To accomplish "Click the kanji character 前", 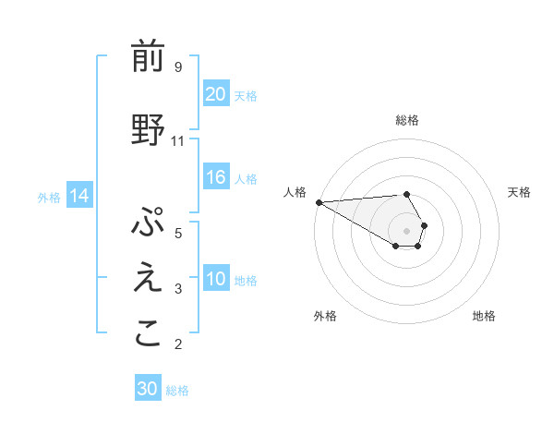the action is pos(148,56).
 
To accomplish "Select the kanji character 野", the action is pos(148,129).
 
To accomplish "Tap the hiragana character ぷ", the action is pos(148,224).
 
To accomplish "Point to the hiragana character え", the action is pos(148,280).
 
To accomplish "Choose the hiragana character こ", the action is pos(148,334).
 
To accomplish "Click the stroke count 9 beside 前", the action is pos(177,66).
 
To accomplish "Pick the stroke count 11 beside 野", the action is pos(178,141).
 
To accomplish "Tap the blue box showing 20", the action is pos(215,93).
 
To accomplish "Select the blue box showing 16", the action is pos(215,178).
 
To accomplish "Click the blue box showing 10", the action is pos(215,280).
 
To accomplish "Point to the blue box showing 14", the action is pos(78,196).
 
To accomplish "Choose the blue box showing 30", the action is pos(148,389).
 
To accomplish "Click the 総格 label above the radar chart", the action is pos(407,120).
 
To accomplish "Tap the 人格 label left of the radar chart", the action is pos(295,192).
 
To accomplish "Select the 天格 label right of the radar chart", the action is pos(519,192).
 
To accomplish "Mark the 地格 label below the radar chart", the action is pos(484,316).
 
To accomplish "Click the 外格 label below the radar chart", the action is pos(325,316).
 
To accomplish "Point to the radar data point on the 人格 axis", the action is pos(319,202).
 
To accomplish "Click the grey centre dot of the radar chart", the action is pos(407,230).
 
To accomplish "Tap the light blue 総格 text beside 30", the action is pos(177,391).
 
